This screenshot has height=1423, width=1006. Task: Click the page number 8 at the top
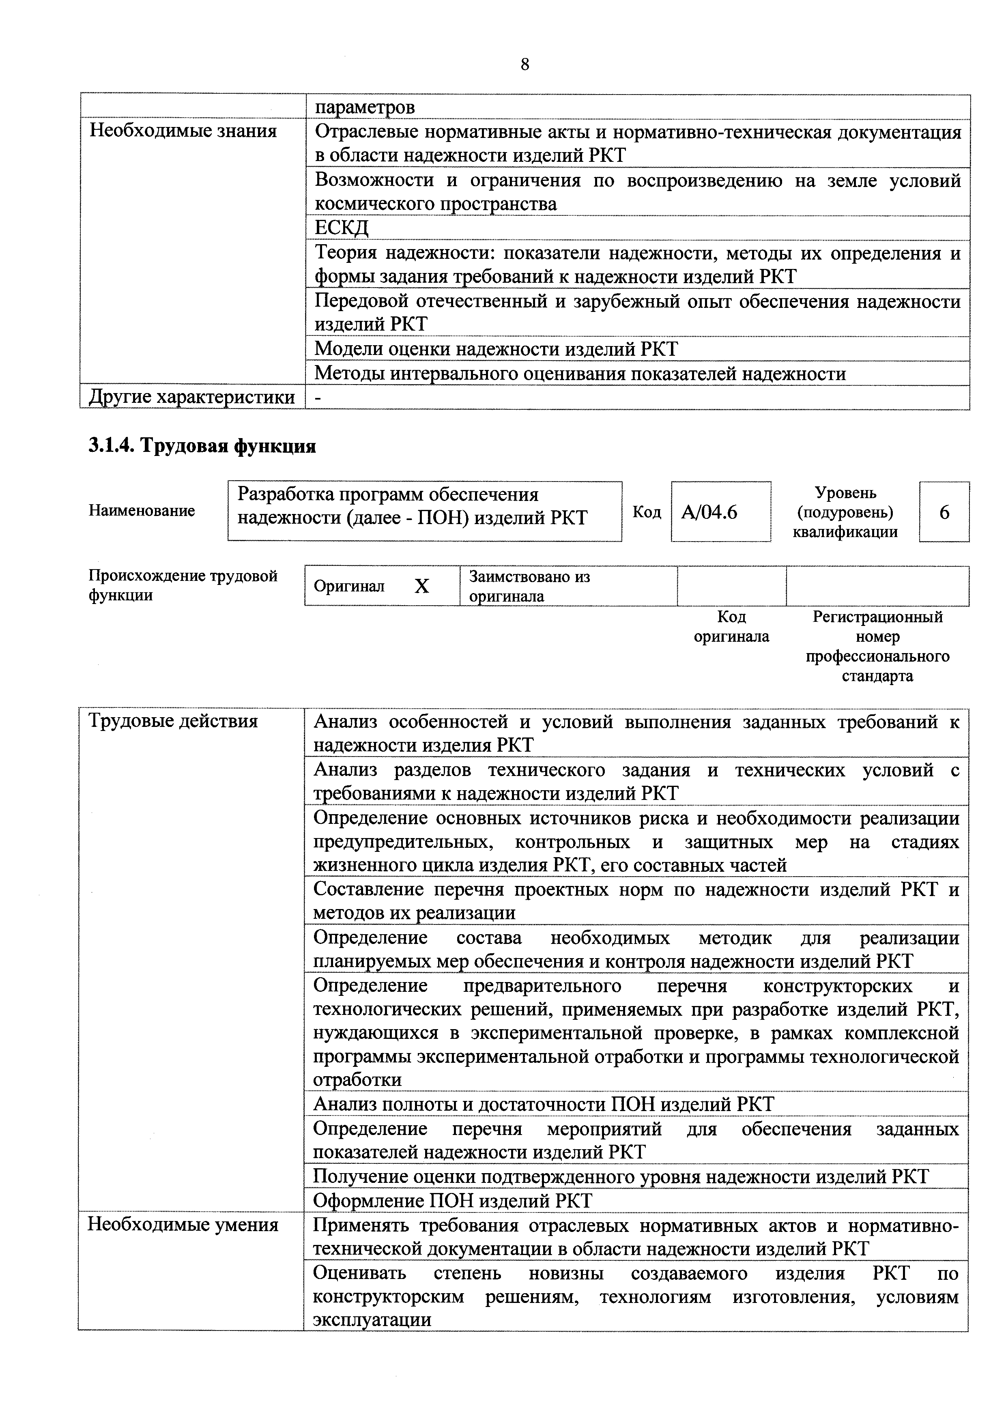pos(525,64)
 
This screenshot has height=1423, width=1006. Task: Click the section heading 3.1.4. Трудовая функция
pos(202,446)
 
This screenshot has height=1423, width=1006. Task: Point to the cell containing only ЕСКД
pos(342,228)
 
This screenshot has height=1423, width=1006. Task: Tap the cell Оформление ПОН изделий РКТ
pos(452,1200)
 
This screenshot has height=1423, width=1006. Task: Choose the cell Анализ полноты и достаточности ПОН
pos(544,1104)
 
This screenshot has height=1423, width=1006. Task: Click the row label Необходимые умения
pos(183,1225)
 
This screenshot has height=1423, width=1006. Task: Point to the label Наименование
pos(142,511)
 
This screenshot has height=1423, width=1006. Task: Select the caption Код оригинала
pos(731,627)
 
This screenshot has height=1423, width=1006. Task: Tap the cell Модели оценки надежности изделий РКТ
pos(496,349)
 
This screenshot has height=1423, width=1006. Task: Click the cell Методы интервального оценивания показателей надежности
pos(580,374)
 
